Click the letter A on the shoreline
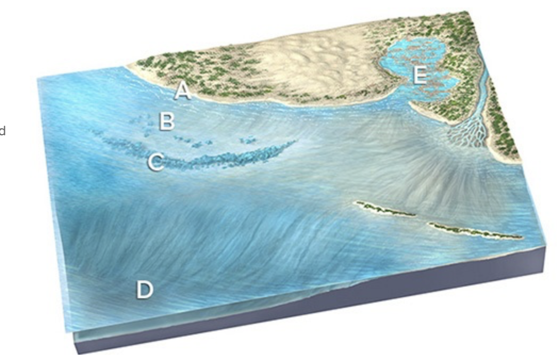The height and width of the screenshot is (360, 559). coord(182,91)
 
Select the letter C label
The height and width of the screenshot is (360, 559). coord(155,162)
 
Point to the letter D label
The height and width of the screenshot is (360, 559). coord(144,290)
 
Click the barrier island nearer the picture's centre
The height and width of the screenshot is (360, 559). coord(384,209)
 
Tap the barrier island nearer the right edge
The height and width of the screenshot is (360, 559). coord(474,231)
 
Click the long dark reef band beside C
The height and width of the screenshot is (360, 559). coord(229,158)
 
